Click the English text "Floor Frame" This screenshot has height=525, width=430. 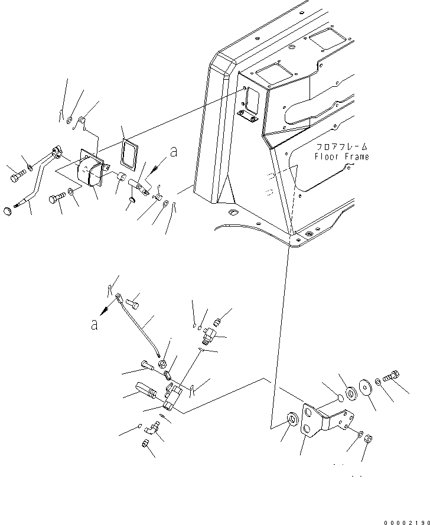[x=341, y=157]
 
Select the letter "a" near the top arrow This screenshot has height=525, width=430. [x=173, y=152]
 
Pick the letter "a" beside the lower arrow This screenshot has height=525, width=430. [x=94, y=324]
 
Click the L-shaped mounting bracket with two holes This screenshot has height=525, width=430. [x=318, y=420]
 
